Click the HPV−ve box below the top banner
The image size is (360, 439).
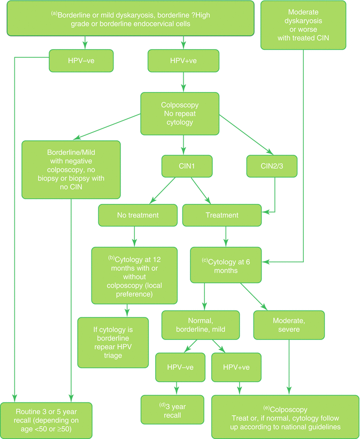(82, 60)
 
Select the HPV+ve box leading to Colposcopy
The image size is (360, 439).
(183, 60)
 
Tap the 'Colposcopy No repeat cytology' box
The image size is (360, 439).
(180, 113)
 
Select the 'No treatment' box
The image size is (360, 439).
(137, 215)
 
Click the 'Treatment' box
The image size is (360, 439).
(225, 215)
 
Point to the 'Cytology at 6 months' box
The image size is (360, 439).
(226, 264)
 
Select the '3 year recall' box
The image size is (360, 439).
(172, 410)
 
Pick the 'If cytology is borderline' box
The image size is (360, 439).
(113, 343)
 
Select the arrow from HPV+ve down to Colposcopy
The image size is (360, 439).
(183, 82)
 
